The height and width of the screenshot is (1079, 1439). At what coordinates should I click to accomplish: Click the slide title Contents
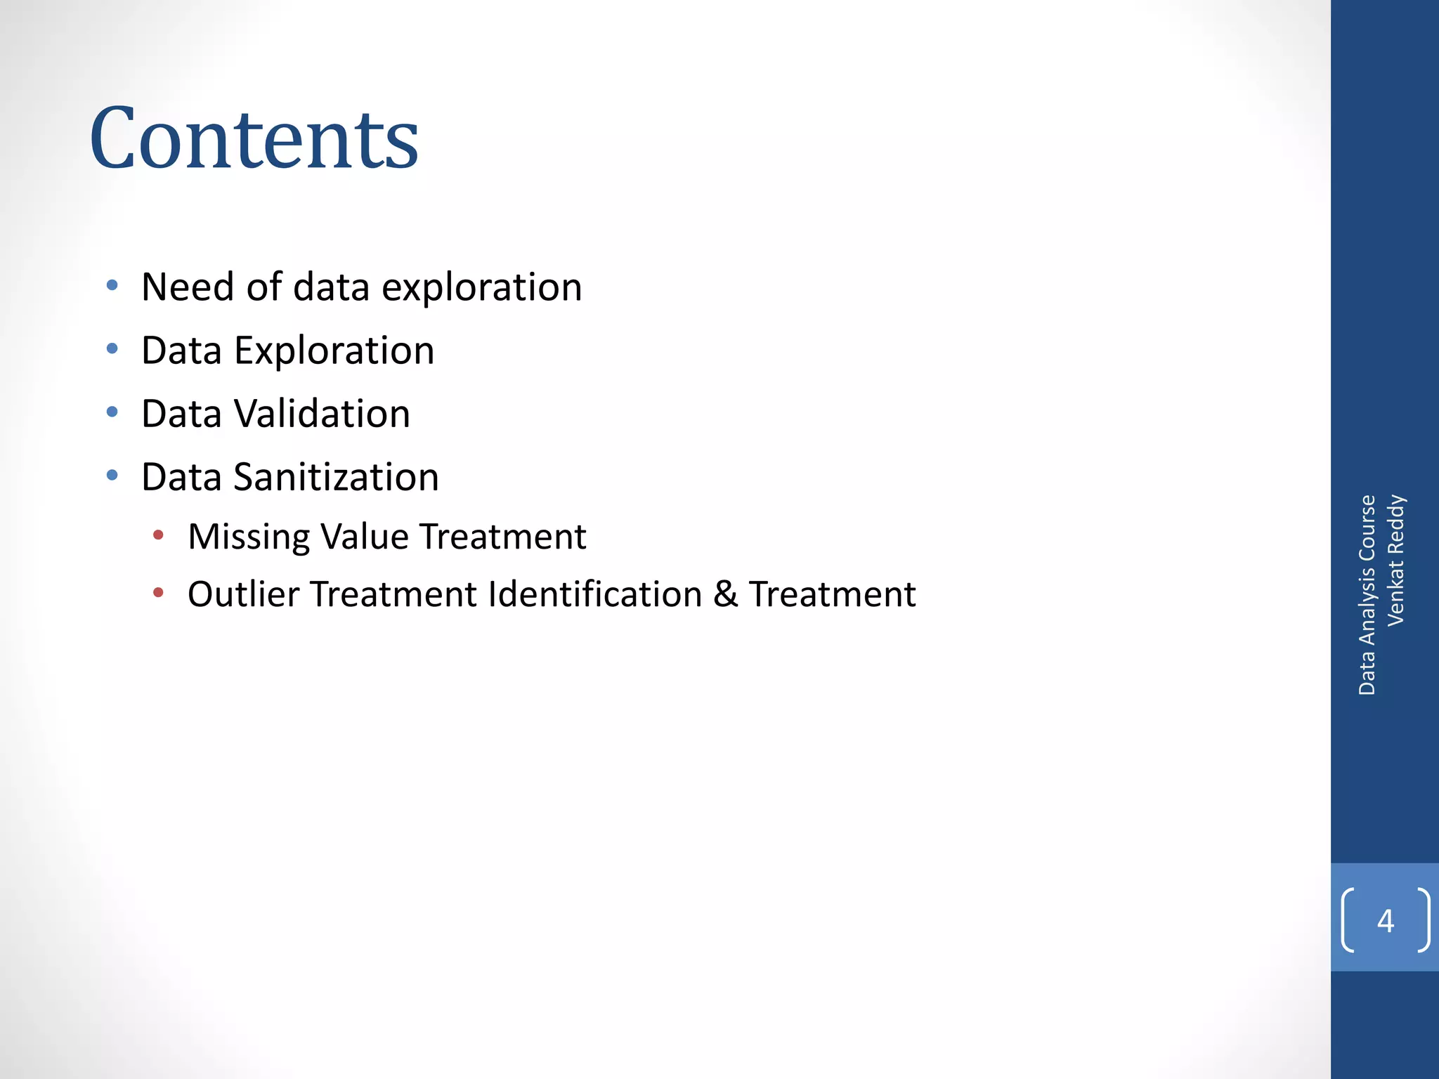254,138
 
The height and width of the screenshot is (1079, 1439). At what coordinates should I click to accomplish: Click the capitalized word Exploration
334,350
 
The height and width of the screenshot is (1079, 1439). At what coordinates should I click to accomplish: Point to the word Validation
322,413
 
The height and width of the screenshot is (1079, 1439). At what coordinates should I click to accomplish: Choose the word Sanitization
336,477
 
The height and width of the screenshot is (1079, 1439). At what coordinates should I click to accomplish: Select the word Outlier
244,594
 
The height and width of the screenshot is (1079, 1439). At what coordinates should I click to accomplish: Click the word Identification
595,594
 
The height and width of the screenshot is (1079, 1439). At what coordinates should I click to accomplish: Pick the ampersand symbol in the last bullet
725,594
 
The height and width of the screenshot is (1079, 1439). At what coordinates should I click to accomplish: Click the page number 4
1386,920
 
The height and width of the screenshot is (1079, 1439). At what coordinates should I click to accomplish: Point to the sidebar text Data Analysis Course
1367,595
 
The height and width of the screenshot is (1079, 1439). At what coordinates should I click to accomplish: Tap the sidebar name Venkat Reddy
1395,560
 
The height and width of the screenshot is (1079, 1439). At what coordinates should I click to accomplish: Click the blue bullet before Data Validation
112,412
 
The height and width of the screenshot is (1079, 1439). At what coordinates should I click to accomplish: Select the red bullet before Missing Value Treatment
159,535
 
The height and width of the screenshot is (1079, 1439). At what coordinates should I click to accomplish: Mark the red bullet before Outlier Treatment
159,593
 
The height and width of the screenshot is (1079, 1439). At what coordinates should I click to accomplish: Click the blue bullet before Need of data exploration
112,285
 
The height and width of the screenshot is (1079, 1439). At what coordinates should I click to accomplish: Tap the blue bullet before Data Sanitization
112,476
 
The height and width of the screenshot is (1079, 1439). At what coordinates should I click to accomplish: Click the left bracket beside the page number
1348,920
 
